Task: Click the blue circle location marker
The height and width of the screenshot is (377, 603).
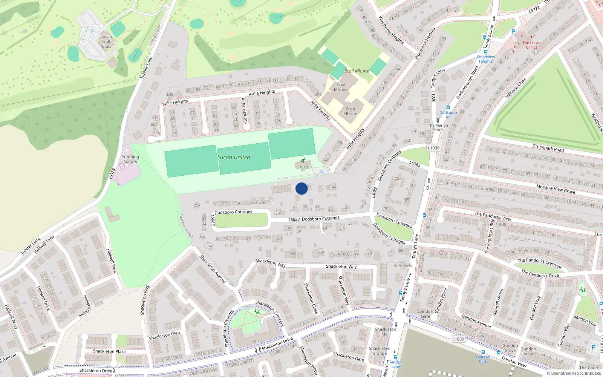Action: pos(301,188)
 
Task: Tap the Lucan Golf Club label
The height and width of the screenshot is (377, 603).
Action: pos(106,42)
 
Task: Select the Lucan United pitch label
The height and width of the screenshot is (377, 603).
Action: pos(234,158)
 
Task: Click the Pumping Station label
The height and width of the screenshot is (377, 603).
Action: pos(130,159)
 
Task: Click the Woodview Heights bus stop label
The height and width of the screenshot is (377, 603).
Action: pos(486,59)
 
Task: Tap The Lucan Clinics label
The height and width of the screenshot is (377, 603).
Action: pos(531,45)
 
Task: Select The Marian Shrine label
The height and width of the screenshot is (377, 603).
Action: pos(438,127)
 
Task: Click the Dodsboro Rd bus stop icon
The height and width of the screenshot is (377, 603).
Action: pos(448,107)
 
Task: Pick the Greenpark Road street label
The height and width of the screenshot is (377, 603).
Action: pos(548,148)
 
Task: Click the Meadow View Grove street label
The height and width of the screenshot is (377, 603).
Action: pos(556,189)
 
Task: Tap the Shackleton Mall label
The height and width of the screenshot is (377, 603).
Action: pos(385,331)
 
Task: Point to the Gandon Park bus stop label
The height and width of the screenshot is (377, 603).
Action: pos(483,359)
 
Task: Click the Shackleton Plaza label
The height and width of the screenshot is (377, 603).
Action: pos(109,351)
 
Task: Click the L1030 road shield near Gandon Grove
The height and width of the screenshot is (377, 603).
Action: pos(458,339)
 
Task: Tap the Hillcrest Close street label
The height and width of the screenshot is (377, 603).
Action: pos(516,88)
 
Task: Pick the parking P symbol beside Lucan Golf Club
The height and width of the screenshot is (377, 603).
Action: pos(93,32)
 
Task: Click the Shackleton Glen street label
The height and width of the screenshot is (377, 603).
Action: pos(164,335)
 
